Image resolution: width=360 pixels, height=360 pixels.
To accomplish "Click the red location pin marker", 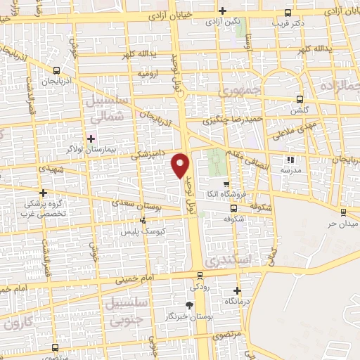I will (181, 165).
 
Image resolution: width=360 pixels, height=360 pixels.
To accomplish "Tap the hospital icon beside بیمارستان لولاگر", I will (91, 138).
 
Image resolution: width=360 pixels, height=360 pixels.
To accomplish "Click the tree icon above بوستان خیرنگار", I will (188, 304).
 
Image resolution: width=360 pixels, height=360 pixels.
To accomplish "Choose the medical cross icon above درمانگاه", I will (236, 290).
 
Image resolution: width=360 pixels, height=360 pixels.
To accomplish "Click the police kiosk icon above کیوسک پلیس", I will (143, 221).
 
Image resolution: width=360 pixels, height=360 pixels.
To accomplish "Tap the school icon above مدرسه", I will (291, 159).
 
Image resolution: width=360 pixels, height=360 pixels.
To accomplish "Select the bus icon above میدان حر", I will (343, 212).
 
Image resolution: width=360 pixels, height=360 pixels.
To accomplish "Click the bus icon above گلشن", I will (300, 99).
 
